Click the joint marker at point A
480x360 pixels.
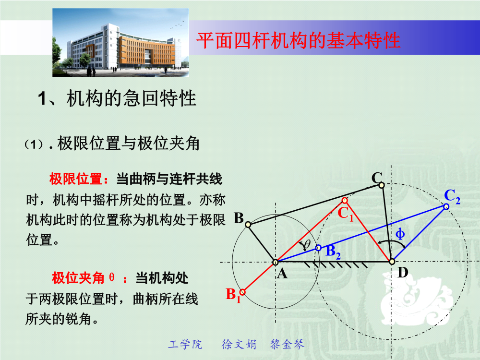click(x=275, y=263)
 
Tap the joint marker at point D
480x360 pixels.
click(x=392, y=262)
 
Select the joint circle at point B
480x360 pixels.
click(x=248, y=225)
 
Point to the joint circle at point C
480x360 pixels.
click(x=382, y=185)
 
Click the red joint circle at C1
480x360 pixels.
click(x=345, y=200)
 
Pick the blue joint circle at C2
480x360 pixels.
click(x=446, y=206)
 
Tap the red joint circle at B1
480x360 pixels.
click(x=242, y=292)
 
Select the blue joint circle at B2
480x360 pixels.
click(x=318, y=248)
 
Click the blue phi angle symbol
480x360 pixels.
click(x=400, y=234)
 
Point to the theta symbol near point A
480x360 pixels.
click(x=306, y=245)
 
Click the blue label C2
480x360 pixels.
click(x=452, y=196)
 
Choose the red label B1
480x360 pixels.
click(x=233, y=295)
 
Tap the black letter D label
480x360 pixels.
click(x=403, y=272)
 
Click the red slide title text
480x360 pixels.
click(x=298, y=40)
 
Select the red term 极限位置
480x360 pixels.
click(x=76, y=179)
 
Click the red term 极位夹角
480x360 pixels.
click(x=78, y=278)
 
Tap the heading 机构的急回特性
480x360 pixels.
click(x=132, y=98)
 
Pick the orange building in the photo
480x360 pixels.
click(x=147, y=51)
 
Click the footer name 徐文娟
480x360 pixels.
click(x=239, y=344)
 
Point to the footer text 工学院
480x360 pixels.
click(x=185, y=344)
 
